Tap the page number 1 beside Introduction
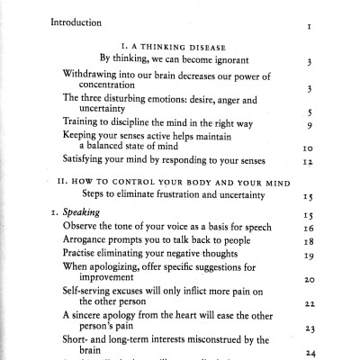tap(309, 27)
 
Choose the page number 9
tap(309, 126)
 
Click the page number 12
tap(307, 162)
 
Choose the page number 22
tap(307, 306)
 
